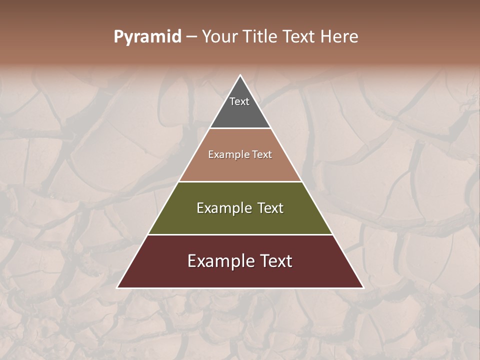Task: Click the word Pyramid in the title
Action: click(147, 37)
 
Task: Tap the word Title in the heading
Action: click(259, 36)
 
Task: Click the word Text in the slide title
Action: click(299, 36)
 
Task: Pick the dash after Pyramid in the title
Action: click(191, 37)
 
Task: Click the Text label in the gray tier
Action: click(239, 101)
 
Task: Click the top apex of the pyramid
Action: click(240, 75)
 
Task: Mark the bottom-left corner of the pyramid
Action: click(117, 287)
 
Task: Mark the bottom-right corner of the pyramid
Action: click(363, 287)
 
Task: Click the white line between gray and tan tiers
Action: click(240, 128)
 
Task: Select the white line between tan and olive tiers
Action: click(240, 181)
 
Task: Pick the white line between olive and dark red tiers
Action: click(240, 234)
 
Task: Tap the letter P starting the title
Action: click(118, 36)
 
